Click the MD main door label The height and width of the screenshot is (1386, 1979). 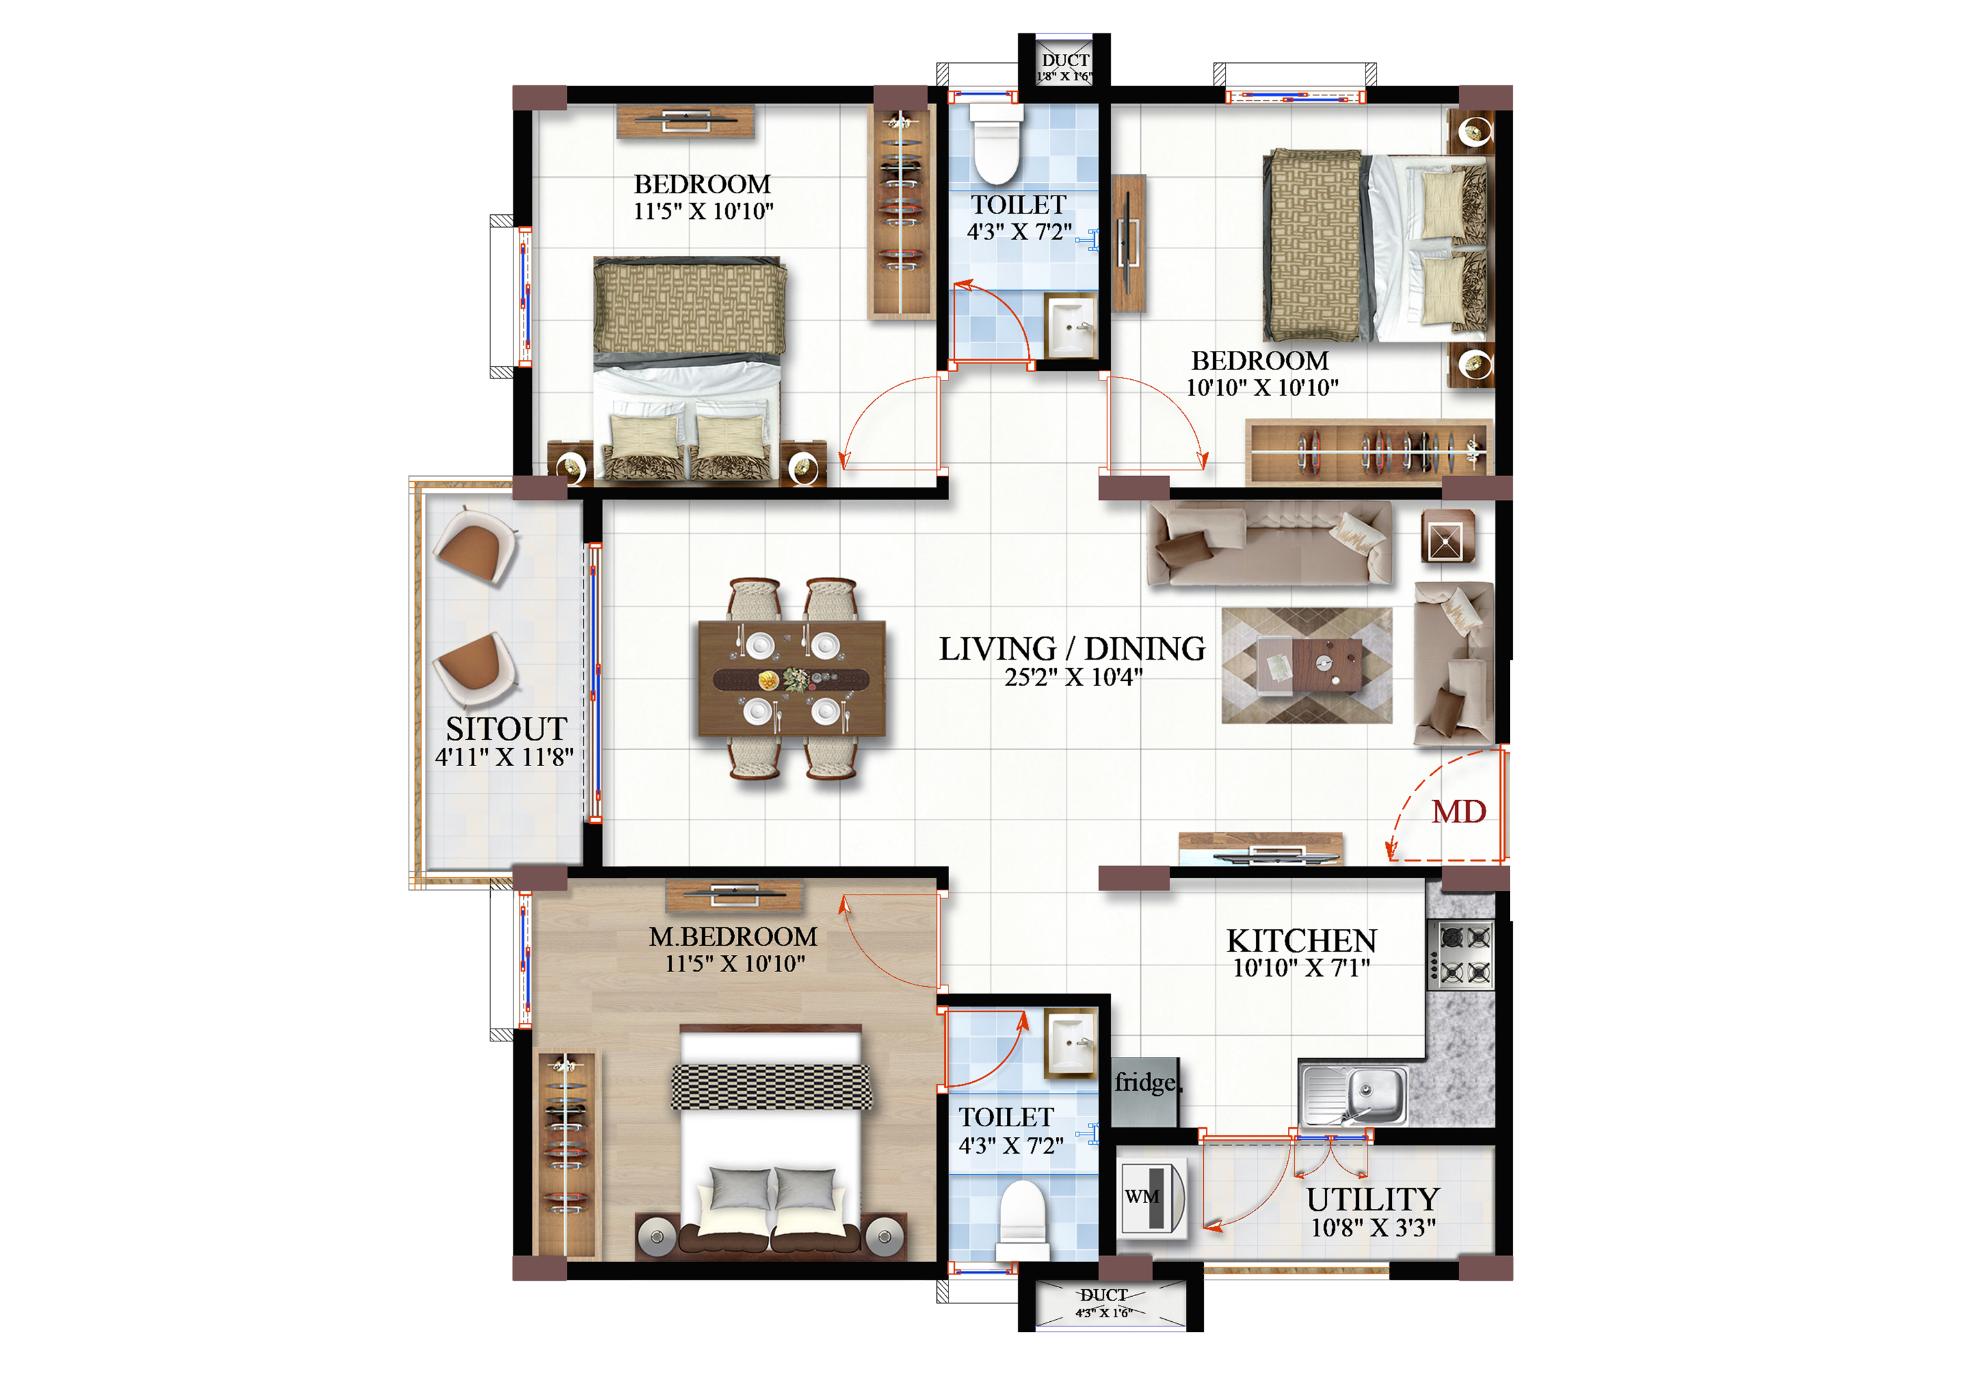[x=1459, y=811]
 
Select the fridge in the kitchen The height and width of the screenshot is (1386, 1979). [x=1145, y=1091]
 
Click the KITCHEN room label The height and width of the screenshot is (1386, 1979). [x=1301, y=941]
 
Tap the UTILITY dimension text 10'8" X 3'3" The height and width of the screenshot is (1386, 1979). [x=1373, y=1228]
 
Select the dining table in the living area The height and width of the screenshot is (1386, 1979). [x=792, y=680]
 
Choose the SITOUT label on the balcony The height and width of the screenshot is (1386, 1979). [x=506, y=728]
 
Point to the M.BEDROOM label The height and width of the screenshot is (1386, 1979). [x=733, y=936]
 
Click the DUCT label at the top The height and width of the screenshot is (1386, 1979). [x=1065, y=60]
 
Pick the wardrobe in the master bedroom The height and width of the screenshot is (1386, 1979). [x=566, y=1155]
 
